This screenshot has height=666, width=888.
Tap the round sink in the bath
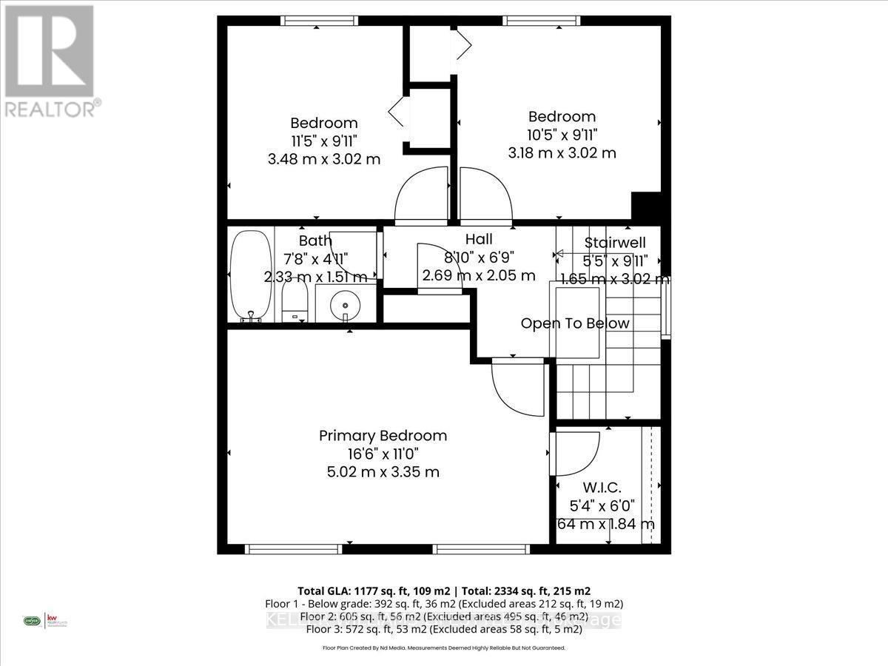click(x=346, y=303)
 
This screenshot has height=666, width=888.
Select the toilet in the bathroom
click(x=295, y=304)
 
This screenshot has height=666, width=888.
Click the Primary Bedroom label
click(x=383, y=435)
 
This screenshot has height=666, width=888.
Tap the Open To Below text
click(x=575, y=323)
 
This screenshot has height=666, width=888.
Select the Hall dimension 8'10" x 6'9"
click(x=479, y=258)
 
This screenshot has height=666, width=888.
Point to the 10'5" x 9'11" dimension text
click(x=562, y=135)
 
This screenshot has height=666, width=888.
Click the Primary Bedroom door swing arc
click(x=518, y=385)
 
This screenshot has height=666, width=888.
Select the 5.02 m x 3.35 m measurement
click(x=383, y=471)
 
